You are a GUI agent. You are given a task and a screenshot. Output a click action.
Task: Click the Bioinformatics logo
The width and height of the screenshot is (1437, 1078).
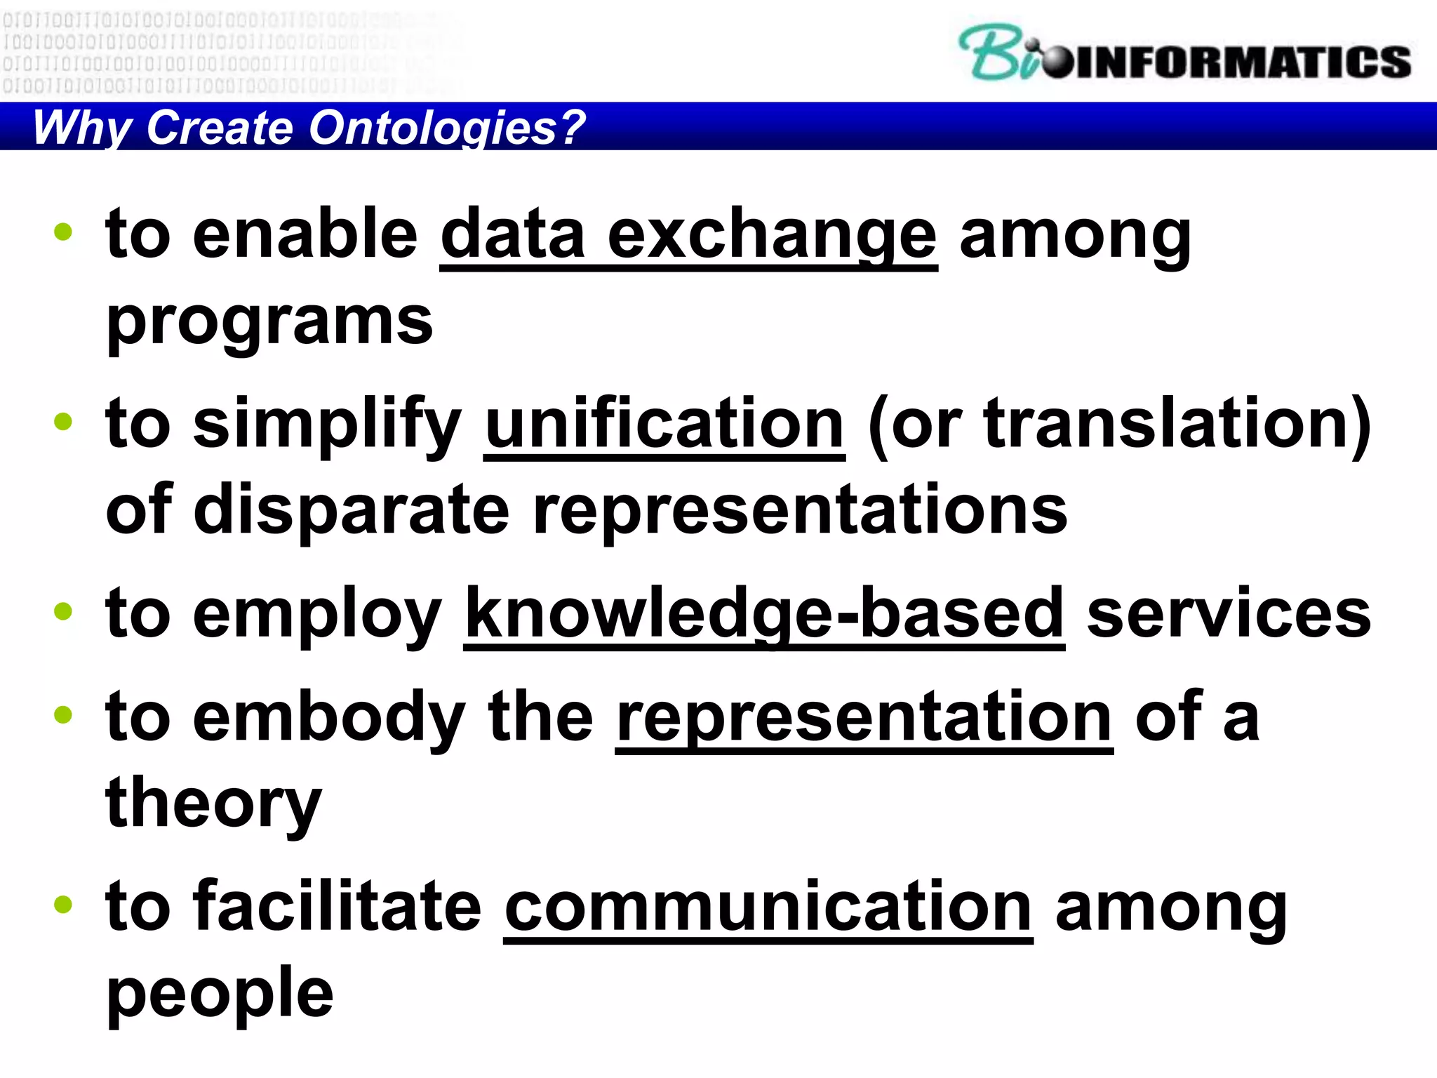pyautogui.click(x=1184, y=55)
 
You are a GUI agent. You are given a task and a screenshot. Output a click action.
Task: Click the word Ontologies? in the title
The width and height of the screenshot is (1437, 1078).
pyautogui.click(x=447, y=128)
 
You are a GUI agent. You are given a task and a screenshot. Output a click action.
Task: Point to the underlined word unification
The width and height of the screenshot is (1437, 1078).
pyautogui.click(x=664, y=425)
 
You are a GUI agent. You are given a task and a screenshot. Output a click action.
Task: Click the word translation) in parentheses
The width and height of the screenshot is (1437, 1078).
pyautogui.click(x=1177, y=425)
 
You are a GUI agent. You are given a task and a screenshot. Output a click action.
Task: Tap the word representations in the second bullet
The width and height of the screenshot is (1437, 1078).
pyautogui.click(x=800, y=510)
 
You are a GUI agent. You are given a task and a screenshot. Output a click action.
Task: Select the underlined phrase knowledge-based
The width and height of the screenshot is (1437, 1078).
pyautogui.click(x=764, y=615)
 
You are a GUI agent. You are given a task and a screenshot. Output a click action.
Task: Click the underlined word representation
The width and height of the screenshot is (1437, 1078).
pyautogui.click(x=864, y=718)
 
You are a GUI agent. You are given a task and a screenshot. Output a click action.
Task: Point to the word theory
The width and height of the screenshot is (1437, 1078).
pyautogui.click(x=213, y=804)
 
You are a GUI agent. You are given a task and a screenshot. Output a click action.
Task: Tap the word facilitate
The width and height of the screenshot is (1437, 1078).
pyautogui.click(x=337, y=907)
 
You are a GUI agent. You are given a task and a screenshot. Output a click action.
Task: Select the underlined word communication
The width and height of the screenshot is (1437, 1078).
pyautogui.click(x=768, y=907)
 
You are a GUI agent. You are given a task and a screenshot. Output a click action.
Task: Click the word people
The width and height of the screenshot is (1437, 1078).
pyautogui.click(x=220, y=993)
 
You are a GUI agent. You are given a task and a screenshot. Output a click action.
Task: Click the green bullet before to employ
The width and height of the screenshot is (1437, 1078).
pyautogui.click(x=63, y=611)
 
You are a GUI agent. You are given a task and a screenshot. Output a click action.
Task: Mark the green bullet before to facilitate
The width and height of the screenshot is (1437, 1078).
pyautogui.click(x=63, y=904)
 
